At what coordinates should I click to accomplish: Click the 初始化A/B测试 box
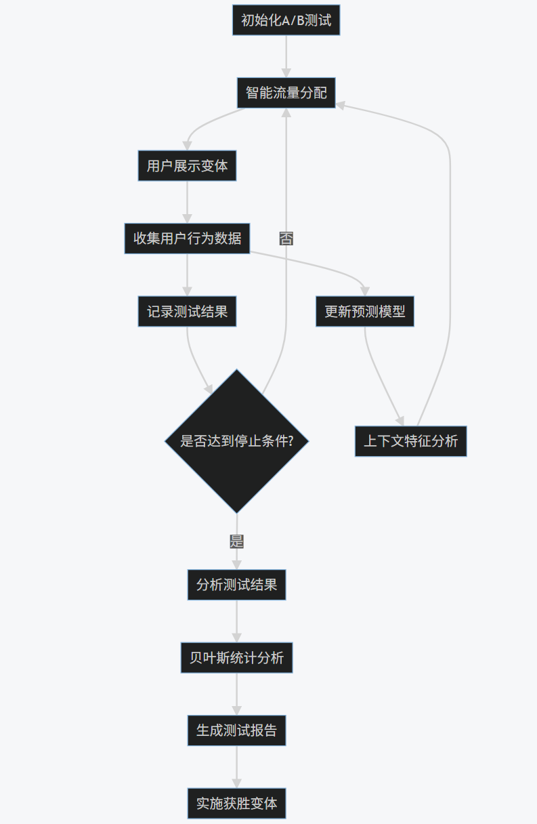click(286, 20)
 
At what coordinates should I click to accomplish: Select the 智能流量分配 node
click(286, 92)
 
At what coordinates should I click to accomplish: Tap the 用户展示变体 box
click(187, 165)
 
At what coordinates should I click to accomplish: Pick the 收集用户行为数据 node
click(187, 239)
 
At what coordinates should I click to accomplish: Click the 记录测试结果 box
click(187, 312)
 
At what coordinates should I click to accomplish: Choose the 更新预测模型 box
click(364, 312)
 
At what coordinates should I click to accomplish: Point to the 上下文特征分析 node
click(410, 441)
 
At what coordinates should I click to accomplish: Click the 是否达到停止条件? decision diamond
click(236, 441)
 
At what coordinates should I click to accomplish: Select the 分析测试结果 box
click(236, 585)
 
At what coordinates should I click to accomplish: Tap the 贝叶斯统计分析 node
click(236, 657)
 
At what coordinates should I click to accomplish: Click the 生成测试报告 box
click(236, 730)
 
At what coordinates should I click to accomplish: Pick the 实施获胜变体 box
click(236, 803)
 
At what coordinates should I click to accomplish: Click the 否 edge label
click(286, 239)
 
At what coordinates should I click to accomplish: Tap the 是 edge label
click(236, 541)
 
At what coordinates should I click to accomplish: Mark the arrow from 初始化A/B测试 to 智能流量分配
click(286, 56)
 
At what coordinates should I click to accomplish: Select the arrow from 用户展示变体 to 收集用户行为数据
click(187, 202)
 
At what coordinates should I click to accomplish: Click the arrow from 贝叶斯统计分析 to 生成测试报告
click(236, 694)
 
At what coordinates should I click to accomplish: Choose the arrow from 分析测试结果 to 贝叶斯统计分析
click(236, 621)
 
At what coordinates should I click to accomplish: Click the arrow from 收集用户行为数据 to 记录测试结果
click(187, 275)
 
